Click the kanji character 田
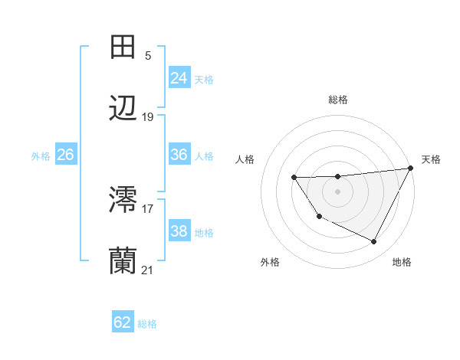coord(123,47)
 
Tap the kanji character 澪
coord(123,200)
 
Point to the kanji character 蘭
coord(123,261)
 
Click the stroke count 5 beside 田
coord(148,55)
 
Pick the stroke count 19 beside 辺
coord(148,117)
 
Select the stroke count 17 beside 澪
coord(148,208)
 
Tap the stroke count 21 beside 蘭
coord(148,270)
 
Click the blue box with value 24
coord(179,78)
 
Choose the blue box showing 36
coord(179,155)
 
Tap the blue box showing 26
coord(65,155)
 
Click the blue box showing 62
coord(123,322)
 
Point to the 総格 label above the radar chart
coord(338,100)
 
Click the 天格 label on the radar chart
coord(432,159)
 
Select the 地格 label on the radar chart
coord(402,262)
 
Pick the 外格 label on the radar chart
coord(270,262)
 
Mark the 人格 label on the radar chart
coord(245,159)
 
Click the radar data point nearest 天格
coord(412,169)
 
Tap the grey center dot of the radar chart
coord(338,191)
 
